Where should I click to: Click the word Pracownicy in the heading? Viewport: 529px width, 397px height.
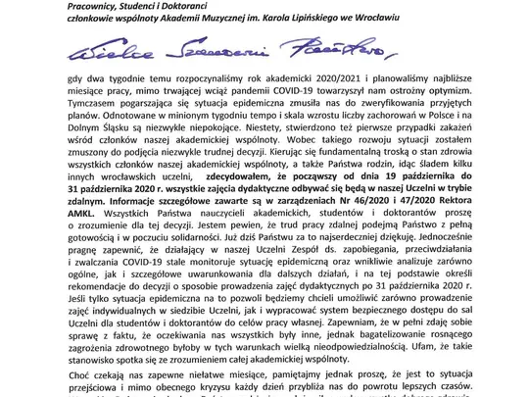[36, 8]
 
